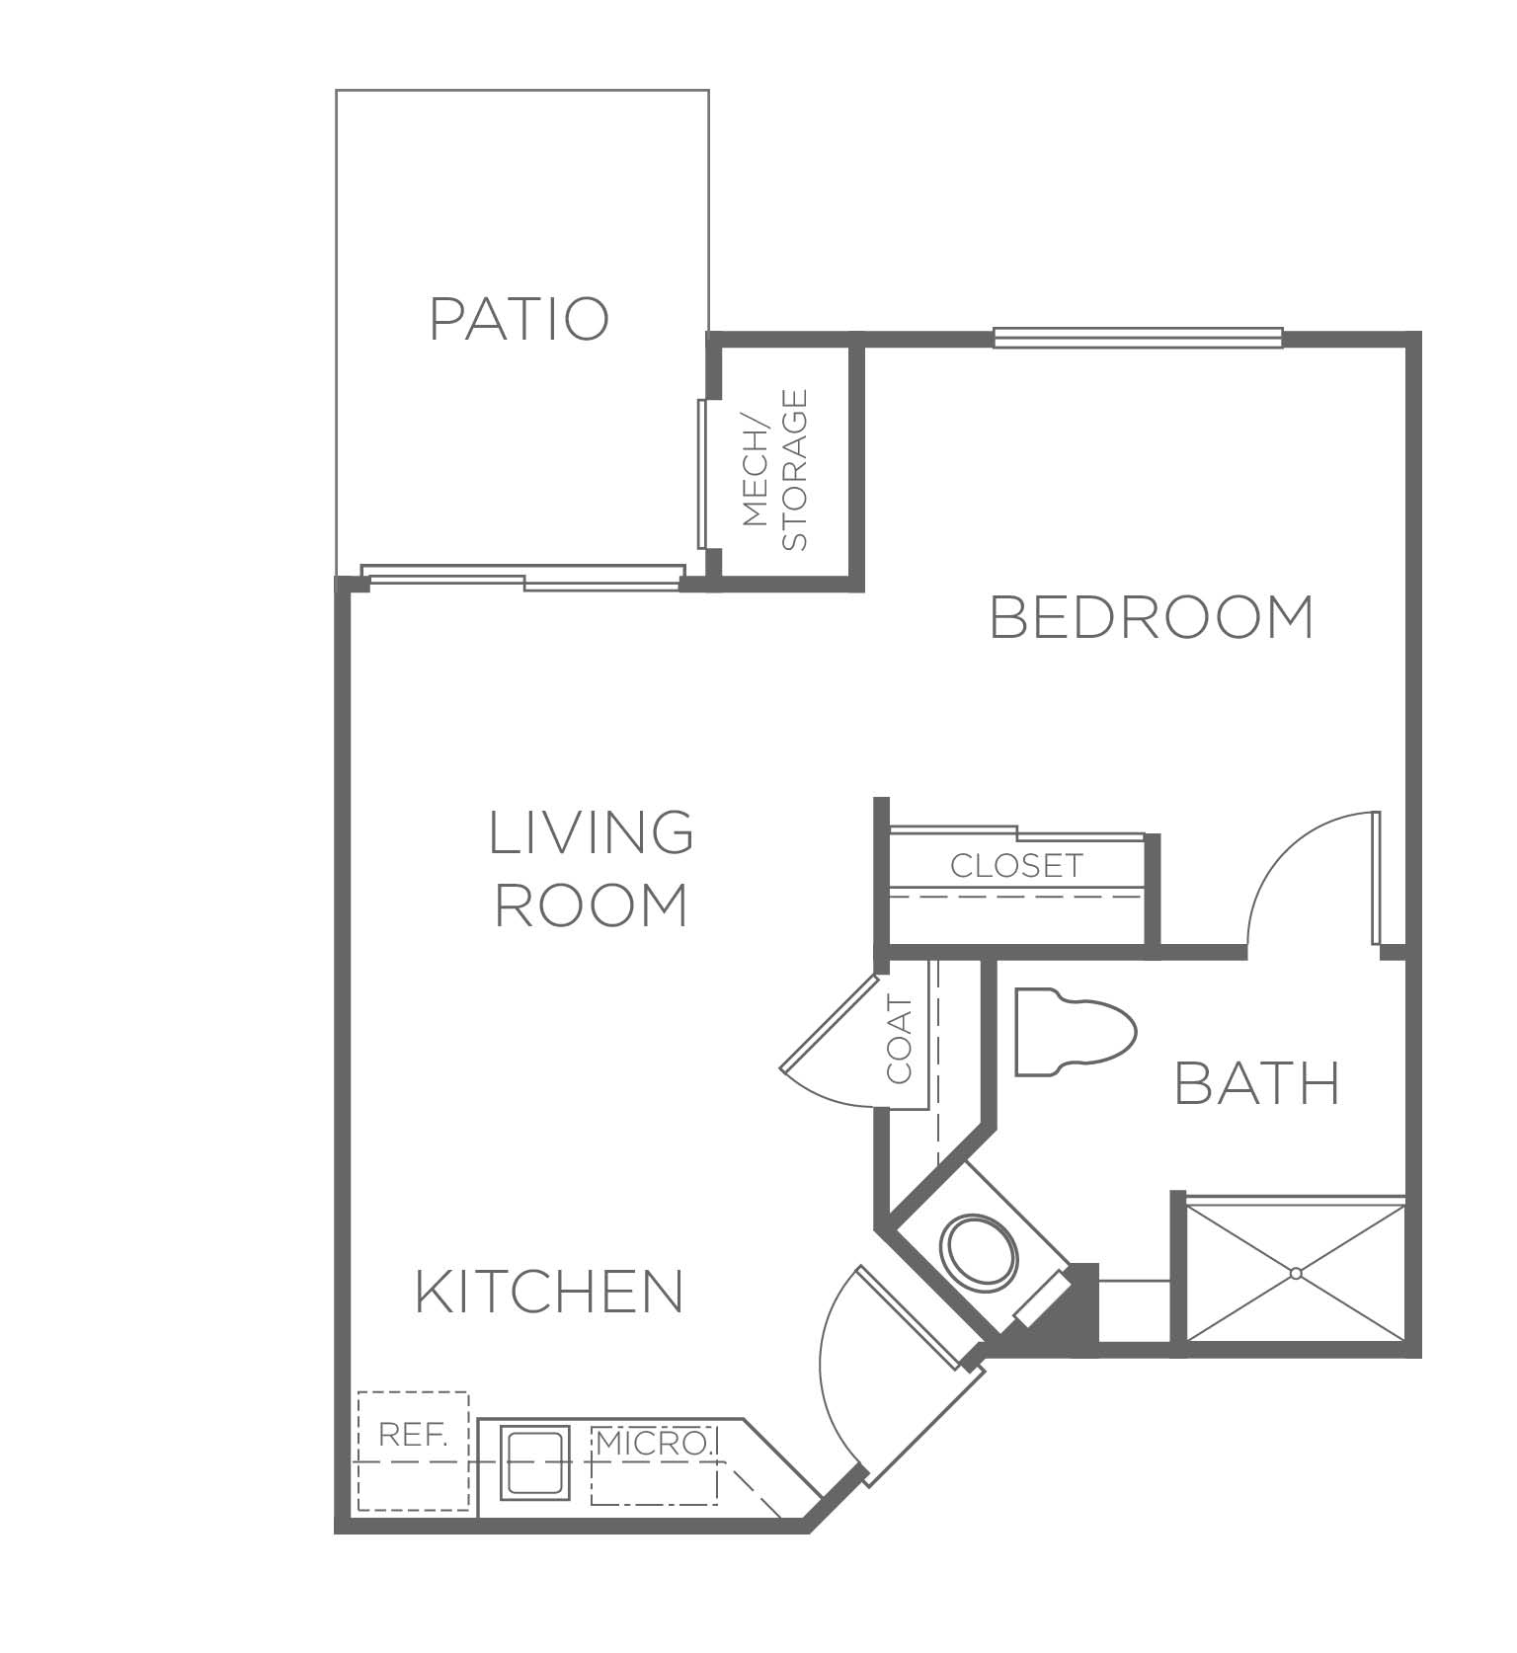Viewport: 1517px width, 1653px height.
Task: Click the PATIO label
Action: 519,319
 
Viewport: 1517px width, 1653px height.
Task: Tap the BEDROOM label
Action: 1152,617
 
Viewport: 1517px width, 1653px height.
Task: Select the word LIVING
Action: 592,832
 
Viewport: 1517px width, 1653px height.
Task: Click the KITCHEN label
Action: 549,1291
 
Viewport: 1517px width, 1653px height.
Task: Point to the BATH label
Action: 1257,1083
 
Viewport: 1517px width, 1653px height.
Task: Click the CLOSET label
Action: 1016,866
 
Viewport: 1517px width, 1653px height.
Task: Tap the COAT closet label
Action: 900,1040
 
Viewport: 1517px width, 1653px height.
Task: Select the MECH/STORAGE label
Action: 774,470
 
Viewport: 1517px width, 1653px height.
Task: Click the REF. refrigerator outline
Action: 413,1451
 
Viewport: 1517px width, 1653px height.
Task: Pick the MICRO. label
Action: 654,1444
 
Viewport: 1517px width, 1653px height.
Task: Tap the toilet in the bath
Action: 1076,1032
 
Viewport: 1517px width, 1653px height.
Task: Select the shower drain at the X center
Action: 1296,1274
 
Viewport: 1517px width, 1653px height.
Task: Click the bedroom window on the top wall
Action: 1138,338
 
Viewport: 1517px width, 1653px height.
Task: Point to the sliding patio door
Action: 522,578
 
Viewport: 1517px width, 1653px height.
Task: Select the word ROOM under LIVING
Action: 592,905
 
